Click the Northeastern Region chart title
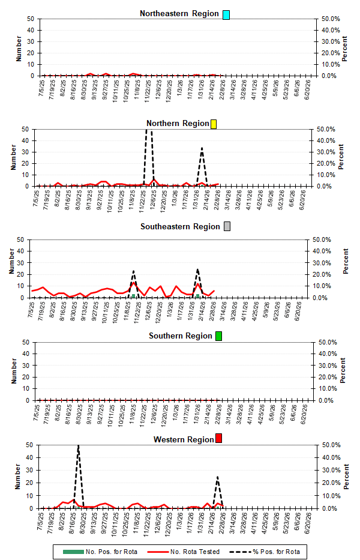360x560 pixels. (x=179, y=14)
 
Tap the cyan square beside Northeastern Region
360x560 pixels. (x=226, y=14)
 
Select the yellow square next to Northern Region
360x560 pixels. (x=214, y=124)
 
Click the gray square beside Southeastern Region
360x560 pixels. (x=227, y=227)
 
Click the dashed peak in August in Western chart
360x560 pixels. (x=78, y=446)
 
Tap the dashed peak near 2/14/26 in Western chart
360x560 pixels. (x=217, y=478)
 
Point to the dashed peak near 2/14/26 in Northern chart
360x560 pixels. (x=202, y=148)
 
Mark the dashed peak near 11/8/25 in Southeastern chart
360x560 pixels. (x=133, y=271)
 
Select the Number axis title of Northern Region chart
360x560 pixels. (x=11, y=157)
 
